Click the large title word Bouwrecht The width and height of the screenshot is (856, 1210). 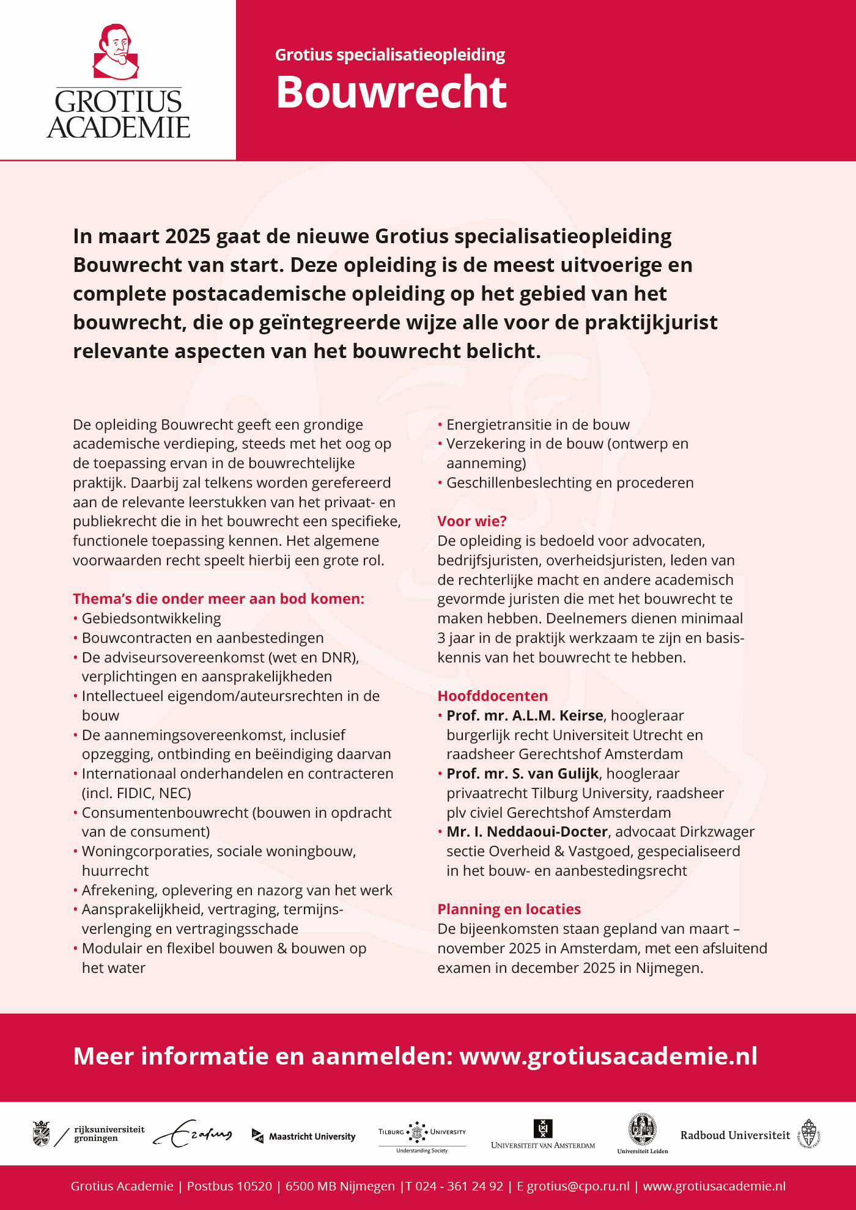coord(391,93)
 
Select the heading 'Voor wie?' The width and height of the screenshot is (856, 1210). coord(471,521)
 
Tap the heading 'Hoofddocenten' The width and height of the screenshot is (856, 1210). coord(492,696)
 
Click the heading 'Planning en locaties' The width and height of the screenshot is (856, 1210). coord(509,909)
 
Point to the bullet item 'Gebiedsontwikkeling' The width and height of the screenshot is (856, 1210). coord(151,618)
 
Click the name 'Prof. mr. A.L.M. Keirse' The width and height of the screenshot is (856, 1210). coord(525,716)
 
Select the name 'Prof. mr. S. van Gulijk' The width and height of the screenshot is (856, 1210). coord(522,774)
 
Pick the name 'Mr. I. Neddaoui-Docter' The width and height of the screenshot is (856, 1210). coord(526,832)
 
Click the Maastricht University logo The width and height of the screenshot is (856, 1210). coord(304,1136)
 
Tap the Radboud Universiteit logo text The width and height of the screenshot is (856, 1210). coord(735,1135)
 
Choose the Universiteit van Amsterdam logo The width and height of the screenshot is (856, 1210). coord(543,1135)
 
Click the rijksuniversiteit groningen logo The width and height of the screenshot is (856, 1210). coord(89,1134)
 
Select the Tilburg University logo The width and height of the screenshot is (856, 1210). coord(422,1135)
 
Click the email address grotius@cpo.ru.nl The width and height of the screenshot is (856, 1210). coord(578,1186)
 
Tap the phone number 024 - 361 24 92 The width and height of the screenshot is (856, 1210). coord(459,1186)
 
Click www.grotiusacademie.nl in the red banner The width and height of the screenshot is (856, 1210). coord(608,1056)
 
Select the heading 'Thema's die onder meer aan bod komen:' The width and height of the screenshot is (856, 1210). coord(218,599)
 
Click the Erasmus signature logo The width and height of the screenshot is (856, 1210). coord(193,1134)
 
